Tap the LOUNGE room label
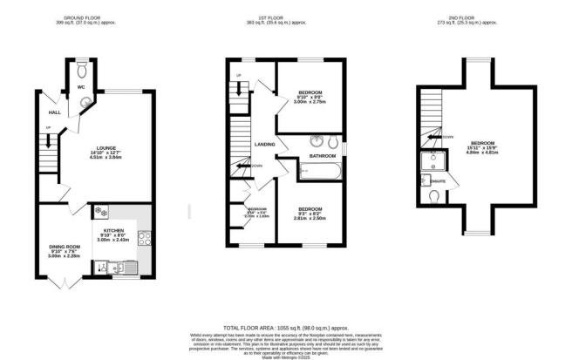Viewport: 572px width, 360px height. tap(106, 148)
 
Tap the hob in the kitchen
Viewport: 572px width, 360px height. tap(144, 238)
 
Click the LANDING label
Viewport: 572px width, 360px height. tap(265, 145)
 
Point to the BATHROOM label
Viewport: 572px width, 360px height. tap(322, 156)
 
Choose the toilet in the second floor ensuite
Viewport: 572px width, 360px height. tap(434, 197)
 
